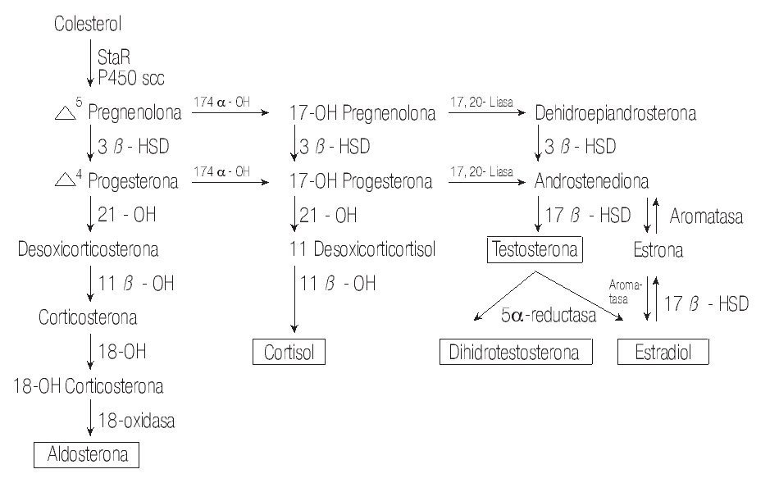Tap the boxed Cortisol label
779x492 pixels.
tap(288, 353)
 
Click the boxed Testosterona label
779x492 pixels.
tap(535, 248)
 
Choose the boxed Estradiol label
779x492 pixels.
tap(663, 353)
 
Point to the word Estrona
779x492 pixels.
tap(658, 249)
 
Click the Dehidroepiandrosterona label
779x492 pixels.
tap(615, 114)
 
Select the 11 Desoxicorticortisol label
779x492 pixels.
tap(362, 248)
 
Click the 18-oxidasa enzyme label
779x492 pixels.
tap(137, 421)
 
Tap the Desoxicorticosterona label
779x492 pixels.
tap(89, 248)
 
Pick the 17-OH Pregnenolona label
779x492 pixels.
tap(362, 114)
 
